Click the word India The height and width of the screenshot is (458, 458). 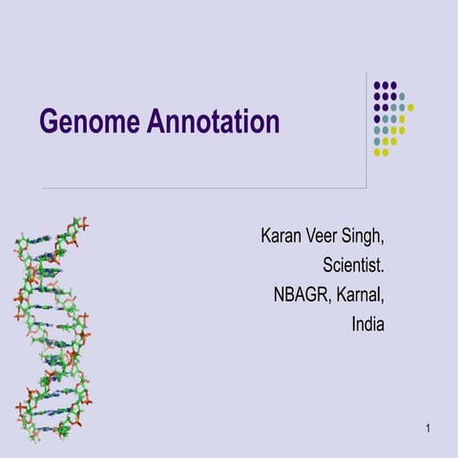click(367, 323)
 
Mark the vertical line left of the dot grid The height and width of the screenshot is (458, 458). click(367, 129)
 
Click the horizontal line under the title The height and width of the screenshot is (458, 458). click(191, 189)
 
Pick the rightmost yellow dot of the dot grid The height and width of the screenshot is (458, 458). click(410, 107)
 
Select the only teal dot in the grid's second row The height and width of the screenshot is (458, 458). click(402, 95)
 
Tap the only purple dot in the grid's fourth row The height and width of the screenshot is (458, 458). click(378, 118)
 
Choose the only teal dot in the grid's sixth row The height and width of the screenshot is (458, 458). click(378, 141)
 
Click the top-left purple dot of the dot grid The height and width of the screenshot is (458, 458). click(378, 84)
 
